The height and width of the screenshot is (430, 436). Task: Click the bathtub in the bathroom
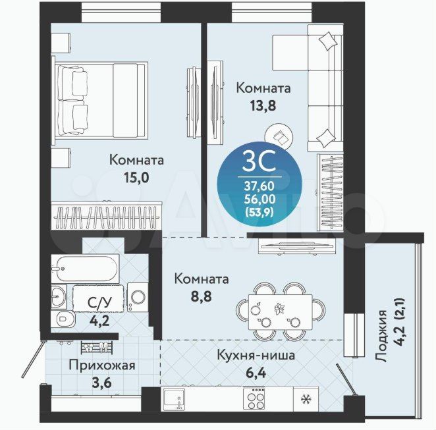point(86,269)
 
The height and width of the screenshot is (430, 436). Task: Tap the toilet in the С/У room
point(63,319)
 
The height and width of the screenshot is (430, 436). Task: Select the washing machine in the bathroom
point(138,297)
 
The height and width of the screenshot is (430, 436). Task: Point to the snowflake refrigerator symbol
point(306,400)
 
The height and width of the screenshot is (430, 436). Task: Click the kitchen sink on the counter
point(174,398)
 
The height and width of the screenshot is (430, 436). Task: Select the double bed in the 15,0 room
point(100,99)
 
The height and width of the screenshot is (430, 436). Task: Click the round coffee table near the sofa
point(279,136)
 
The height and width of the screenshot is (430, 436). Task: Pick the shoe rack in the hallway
point(97,347)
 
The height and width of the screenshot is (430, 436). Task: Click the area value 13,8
point(263,105)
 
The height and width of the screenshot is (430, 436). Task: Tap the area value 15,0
point(136,178)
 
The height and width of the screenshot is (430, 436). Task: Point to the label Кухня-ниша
point(256,356)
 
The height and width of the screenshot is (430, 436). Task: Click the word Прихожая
point(102,365)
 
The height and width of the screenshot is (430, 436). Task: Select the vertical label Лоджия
point(381,336)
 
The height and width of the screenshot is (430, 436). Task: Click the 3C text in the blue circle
point(259,161)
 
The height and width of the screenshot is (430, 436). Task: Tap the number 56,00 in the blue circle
point(259,199)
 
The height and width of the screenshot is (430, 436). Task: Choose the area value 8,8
point(201,296)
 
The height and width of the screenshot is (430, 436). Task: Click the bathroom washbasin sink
point(59,296)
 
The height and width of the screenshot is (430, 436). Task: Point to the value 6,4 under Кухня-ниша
point(256,373)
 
